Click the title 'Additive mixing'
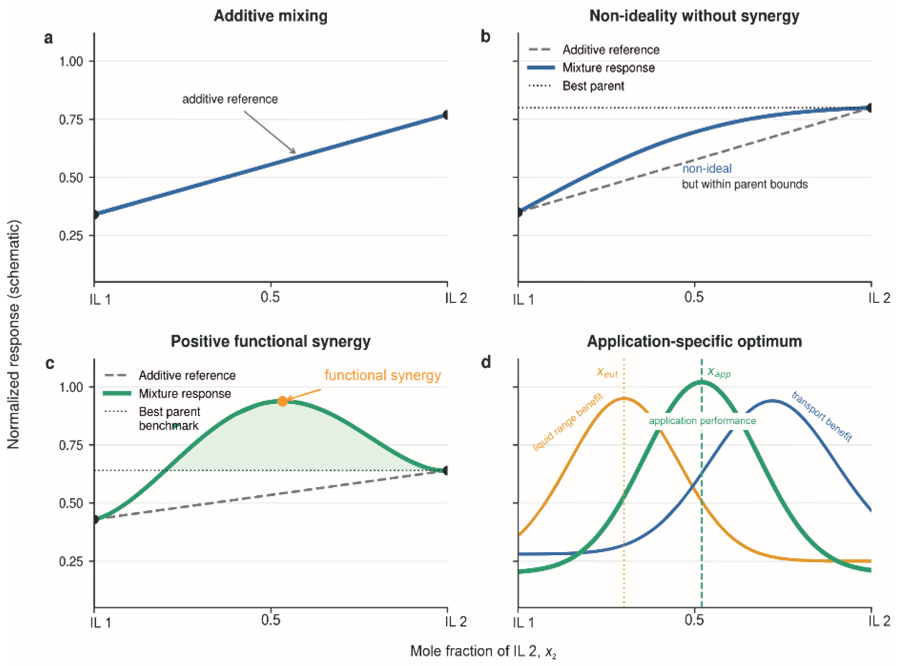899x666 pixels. point(270,16)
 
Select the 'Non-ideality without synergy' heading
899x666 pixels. point(694,16)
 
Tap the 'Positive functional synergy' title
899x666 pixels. point(270,341)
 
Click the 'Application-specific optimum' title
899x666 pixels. point(694,341)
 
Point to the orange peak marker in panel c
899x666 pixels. point(283,401)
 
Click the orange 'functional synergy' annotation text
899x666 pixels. point(383,375)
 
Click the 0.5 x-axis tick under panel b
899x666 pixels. point(694,297)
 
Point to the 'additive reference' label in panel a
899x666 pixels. point(230,99)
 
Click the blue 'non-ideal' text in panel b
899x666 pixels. point(707,169)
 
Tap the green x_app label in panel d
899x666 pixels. point(719,372)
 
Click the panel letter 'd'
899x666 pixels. point(486,362)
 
